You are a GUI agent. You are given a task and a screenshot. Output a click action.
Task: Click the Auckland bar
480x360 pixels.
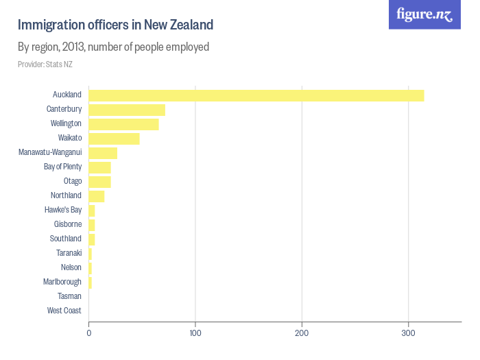(256, 95)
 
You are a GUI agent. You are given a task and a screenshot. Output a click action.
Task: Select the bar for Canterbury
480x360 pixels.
(127, 110)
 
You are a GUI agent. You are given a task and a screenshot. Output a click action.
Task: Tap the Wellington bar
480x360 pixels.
(123, 124)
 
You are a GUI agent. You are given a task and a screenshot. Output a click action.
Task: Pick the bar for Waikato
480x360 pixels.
(114, 139)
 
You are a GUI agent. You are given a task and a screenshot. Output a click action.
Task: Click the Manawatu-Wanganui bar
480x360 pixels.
(103, 153)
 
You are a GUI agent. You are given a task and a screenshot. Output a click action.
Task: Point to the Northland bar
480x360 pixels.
(97, 196)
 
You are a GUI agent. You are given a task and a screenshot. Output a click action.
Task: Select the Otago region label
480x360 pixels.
(73, 181)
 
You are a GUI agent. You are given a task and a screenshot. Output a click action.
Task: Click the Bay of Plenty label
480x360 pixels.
(62, 167)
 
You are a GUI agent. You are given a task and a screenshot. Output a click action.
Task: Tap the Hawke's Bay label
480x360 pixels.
(67, 210)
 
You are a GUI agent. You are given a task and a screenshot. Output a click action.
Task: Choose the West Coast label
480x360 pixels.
(64, 311)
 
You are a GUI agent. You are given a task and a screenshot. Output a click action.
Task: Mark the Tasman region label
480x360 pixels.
(69, 296)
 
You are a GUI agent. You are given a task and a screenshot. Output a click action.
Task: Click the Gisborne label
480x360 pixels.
(68, 224)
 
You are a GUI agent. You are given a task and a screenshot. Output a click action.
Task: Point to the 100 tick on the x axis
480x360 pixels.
(195, 333)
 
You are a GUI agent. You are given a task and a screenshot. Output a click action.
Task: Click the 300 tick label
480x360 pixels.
(409, 333)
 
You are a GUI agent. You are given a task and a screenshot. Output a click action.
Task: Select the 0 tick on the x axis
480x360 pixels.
(89, 333)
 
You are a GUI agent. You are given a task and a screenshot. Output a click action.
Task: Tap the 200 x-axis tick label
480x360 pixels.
(302, 333)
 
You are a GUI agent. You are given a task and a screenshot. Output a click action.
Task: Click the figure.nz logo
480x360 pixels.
(424, 14)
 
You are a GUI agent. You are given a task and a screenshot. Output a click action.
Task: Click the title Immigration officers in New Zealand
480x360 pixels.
(115, 25)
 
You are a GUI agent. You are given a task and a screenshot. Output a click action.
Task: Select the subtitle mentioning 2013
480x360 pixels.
(113, 47)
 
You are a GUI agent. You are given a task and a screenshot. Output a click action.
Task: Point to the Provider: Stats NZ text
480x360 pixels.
(45, 64)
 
